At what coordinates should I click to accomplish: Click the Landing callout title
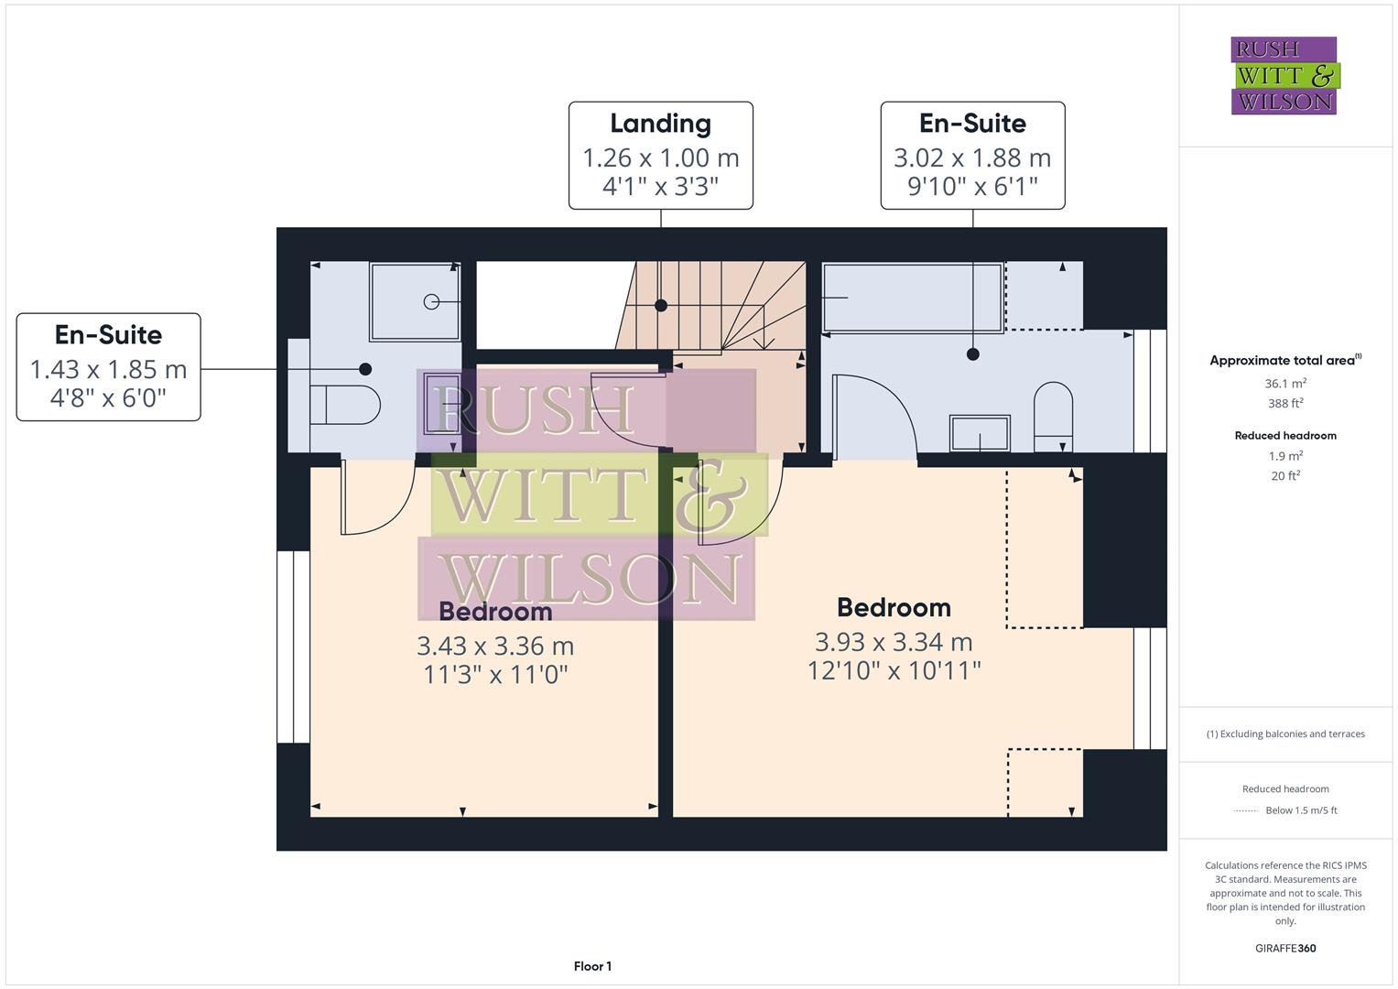(660, 124)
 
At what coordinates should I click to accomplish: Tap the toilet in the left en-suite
(344, 404)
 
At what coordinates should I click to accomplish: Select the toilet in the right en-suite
(1053, 416)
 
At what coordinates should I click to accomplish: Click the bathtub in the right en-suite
(912, 298)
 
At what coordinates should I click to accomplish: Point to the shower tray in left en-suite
(415, 301)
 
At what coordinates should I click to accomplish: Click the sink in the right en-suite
(981, 433)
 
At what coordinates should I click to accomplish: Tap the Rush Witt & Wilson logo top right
(1284, 76)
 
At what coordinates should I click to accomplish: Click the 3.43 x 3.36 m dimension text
(495, 647)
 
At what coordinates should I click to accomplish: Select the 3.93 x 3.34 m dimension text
(894, 643)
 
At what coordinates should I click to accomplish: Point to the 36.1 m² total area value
(1285, 384)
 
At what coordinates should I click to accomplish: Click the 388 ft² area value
(1285, 403)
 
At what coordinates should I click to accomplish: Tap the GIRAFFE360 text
(1285, 948)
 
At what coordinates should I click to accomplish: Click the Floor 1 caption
(592, 966)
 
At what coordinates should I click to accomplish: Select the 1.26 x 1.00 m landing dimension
(660, 158)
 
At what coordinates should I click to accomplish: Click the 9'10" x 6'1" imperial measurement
(972, 187)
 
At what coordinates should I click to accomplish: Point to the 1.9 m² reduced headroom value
(1285, 456)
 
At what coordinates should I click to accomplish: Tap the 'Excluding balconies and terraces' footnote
(1285, 734)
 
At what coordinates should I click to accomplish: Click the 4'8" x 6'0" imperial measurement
(108, 398)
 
